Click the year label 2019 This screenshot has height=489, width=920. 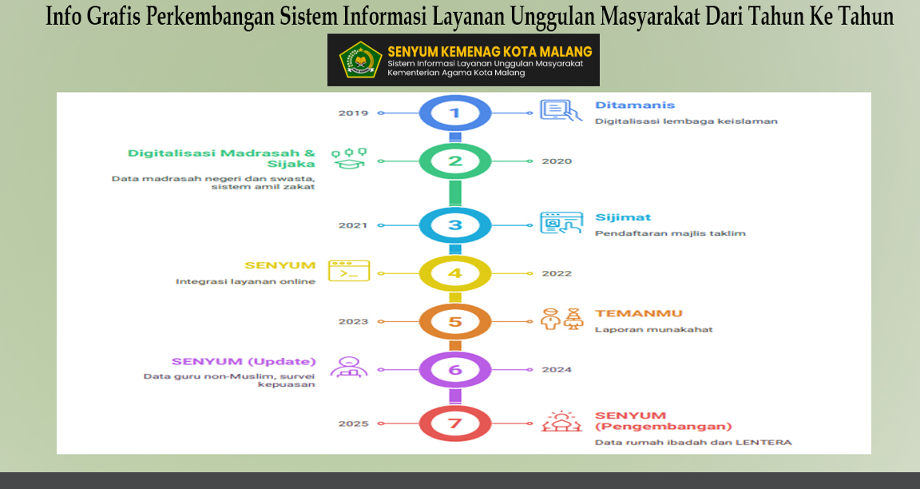click(x=353, y=113)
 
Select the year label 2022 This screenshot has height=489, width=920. click(x=557, y=273)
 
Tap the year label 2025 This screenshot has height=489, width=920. click(x=353, y=423)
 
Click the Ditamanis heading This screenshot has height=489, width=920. click(x=635, y=105)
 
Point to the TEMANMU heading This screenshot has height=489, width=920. click(x=639, y=313)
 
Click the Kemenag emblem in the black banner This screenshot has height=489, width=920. click(x=361, y=59)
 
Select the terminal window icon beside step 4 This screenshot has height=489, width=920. click(x=349, y=271)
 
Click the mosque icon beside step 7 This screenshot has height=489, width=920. click(x=561, y=422)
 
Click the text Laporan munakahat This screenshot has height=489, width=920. click(x=653, y=329)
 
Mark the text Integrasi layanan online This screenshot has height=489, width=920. click(x=245, y=282)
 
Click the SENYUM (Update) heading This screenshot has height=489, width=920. click(x=244, y=362)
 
